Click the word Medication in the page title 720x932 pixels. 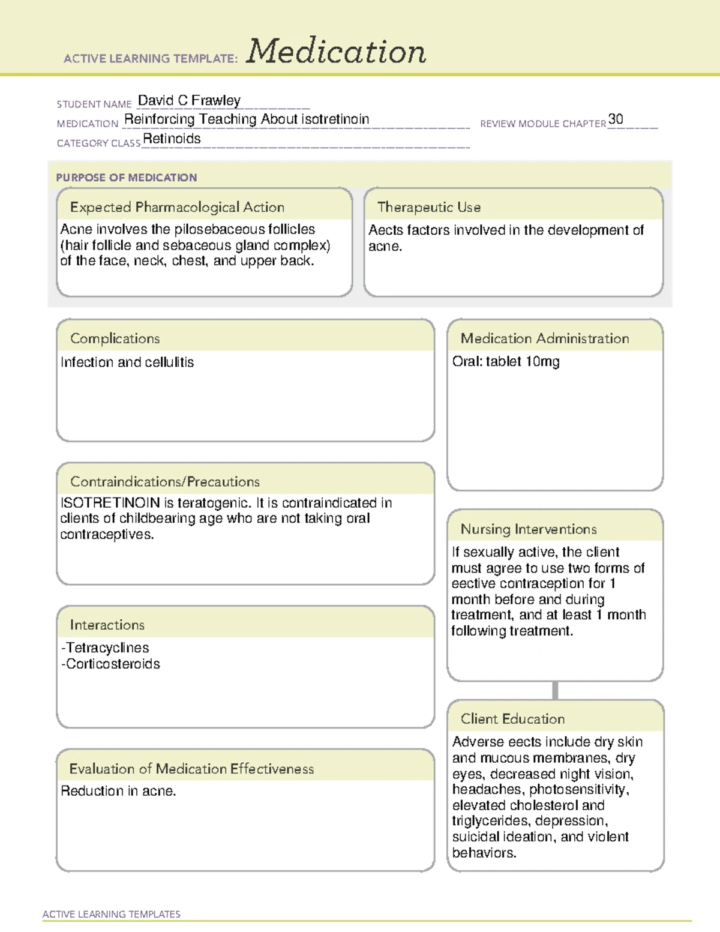click(336, 52)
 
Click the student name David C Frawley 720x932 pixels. click(189, 100)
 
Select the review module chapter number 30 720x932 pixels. click(616, 119)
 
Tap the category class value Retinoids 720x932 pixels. click(172, 139)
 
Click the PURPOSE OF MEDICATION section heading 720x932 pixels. click(126, 178)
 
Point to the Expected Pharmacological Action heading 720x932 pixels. click(177, 207)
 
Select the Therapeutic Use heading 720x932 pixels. click(429, 207)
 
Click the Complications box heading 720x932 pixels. click(115, 338)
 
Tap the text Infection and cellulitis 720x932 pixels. click(127, 362)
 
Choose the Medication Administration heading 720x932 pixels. click(545, 338)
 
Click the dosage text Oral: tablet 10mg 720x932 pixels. click(506, 362)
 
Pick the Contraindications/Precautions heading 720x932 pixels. click(165, 481)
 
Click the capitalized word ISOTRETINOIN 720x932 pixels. click(110, 503)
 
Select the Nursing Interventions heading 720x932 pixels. click(529, 529)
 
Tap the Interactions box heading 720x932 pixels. click(107, 625)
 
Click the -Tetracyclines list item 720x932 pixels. click(106, 648)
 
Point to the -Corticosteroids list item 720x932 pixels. click(111, 664)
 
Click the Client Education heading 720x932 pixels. click(513, 719)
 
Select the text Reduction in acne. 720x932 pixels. click(118, 792)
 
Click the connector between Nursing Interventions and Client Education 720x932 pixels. click(555, 690)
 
